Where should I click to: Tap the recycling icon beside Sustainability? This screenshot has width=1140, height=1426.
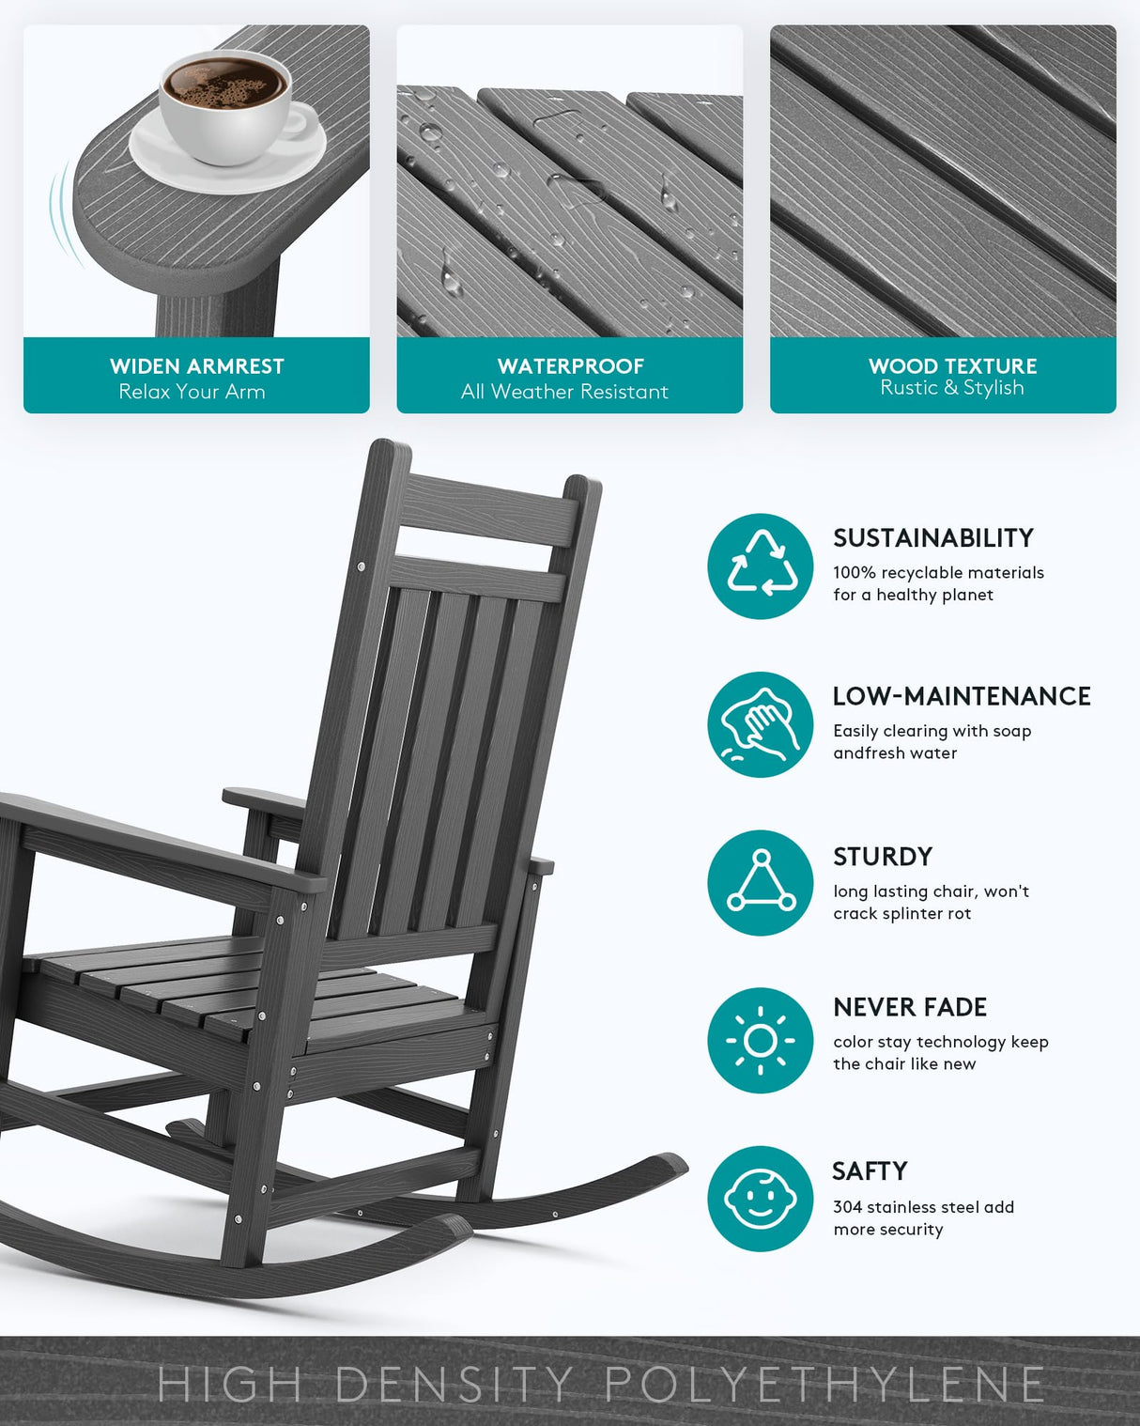[x=761, y=566]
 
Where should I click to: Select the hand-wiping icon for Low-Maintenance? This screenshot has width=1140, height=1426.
[x=761, y=724]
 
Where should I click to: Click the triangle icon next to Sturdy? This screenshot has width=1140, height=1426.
[x=761, y=883]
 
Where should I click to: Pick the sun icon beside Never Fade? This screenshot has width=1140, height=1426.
[x=761, y=1041]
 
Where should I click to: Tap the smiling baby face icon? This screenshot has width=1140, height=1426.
[x=761, y=1199]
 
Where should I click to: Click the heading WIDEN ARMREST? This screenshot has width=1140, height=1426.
[x=196, y=366]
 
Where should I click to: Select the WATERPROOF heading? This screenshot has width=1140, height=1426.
[x=570, y=366]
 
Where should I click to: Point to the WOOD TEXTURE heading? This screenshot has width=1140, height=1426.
[x=952, y=366]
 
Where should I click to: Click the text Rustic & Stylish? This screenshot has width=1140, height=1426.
[x=951, y=388]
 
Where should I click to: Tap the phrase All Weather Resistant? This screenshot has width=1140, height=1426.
[x=564, y=392]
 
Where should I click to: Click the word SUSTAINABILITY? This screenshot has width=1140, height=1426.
[x=932, y=538]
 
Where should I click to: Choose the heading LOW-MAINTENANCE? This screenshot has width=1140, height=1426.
[x=962, y=696]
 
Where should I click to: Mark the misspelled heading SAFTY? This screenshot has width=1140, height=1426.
[x=870, y=1171]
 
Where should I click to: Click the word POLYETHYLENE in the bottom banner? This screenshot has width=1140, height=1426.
[x=824, y=1385]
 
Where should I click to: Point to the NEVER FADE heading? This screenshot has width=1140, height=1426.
[x=909, y=1007]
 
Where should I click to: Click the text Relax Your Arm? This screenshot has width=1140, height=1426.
[x=192, y=392]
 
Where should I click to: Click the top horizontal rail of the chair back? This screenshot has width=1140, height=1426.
[x=488, y=507]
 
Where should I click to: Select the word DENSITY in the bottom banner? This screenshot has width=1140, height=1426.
[x=454, y=1385]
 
